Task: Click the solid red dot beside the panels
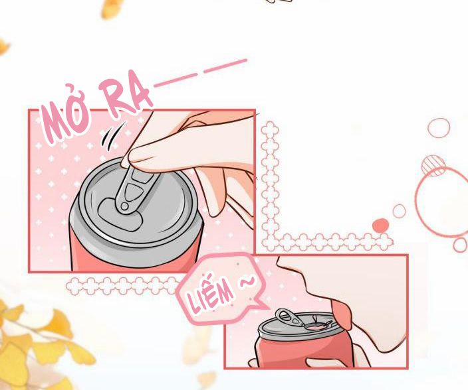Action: (x=381, y=225)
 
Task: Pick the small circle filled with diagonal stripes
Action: (x=433, y=164)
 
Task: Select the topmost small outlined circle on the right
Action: (x=439, y=127)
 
